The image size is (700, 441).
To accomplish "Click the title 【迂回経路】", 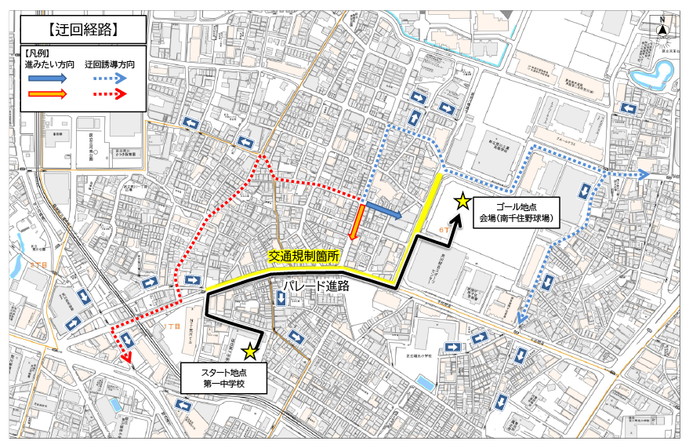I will (x=82, y=31).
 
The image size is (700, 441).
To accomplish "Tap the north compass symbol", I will (x=662, y=29).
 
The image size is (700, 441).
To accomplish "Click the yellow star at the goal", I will (x=462, y=202).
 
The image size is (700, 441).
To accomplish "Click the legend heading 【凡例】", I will (x=36, y=52).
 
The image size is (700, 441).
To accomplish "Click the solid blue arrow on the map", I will (x=384, y=210).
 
